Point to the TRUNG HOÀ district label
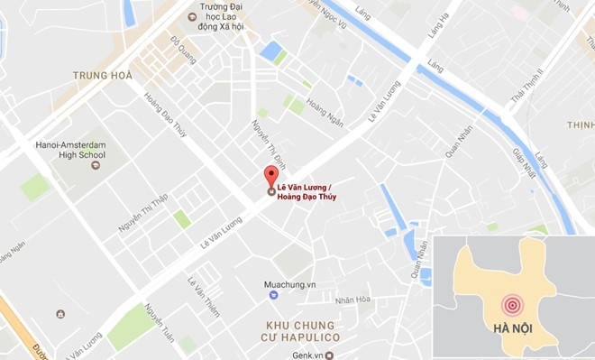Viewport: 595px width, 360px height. click(x=103, y=75)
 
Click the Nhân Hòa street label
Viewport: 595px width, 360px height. click(x=352, y=301)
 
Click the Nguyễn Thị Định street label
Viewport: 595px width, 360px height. click(x=262, y=143)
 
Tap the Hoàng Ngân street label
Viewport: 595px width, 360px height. click(x=325, y=113)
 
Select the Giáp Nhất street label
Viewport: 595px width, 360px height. click(x=524, y=164)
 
